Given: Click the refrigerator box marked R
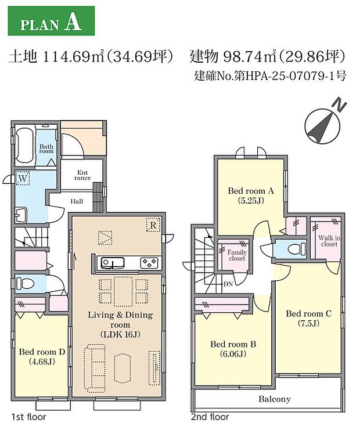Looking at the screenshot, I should [x=153, y=225].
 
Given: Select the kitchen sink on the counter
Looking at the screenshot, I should [x=110, y=263].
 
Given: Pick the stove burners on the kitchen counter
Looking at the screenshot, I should [x=149, y=263].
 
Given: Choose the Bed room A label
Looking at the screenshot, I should [x=250, y=194].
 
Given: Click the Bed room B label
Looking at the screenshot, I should [x=232, y=348].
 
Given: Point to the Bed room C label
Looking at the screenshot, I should [x=308, y=318].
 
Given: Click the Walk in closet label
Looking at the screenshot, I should [x=328, y=241].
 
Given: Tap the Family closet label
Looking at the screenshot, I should [x=237, y=256].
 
